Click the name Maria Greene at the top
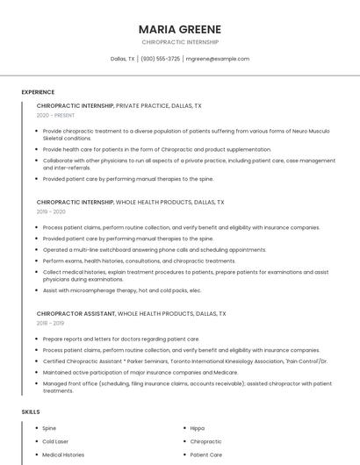[179, 29]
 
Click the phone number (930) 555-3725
[160, 59]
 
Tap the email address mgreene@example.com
[218, 59]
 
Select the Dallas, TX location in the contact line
[122, 59]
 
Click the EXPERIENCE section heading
[38, 92]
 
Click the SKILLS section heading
[31, 411]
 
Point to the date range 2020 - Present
[56, 115]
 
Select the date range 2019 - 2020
[51, 211]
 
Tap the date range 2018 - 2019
[51, 323]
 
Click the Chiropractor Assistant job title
[76, 313]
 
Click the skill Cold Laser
[55, 441]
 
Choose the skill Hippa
[198, 428]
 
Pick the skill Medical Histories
[63, 455]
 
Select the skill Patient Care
[206, 455]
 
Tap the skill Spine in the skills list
[49, 428]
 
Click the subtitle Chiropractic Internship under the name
[179, 42]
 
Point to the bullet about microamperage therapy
[122, 290]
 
